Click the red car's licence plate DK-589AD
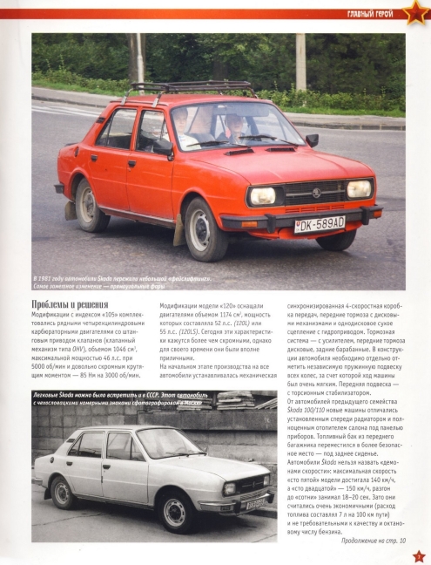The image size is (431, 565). [320, 224]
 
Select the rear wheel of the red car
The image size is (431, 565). [88, 205]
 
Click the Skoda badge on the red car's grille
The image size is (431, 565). [315, 192]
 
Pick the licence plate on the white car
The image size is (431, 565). [257, 503]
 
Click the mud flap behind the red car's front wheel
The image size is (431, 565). [178, 233]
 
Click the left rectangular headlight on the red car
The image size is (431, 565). [264, 196]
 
